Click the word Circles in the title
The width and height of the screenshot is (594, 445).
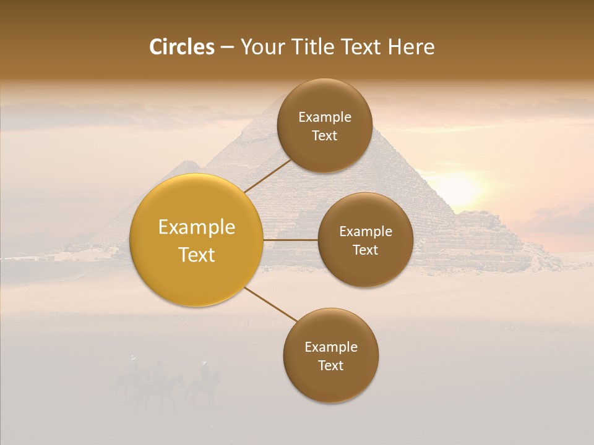(182, 47)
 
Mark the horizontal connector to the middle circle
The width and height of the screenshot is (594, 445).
(290, 240)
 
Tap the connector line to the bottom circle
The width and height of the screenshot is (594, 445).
(270, 304)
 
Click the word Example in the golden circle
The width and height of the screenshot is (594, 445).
(197, 227)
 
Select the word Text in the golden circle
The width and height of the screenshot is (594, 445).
(197, 255)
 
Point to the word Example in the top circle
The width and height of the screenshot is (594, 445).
(325, 117)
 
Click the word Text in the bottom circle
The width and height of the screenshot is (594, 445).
(330, 365)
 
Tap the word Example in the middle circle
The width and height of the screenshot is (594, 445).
(366, 232)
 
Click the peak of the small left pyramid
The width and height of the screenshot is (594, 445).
(187, 161)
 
